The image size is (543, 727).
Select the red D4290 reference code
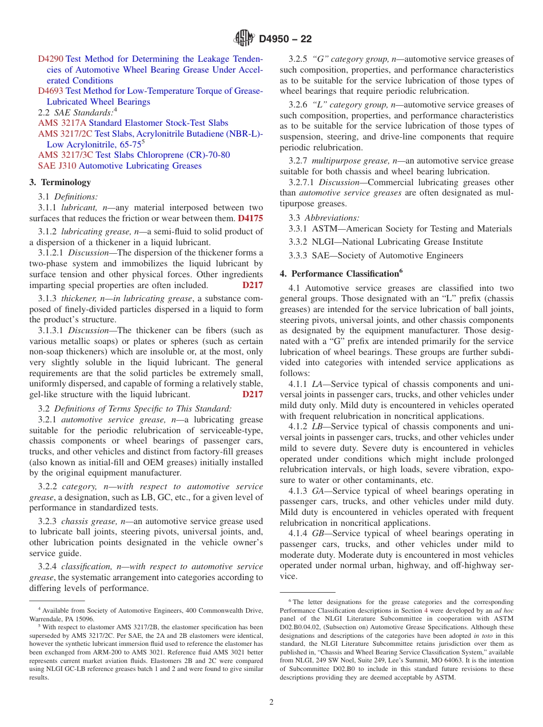point(51,59)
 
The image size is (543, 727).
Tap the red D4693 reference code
point(51,91)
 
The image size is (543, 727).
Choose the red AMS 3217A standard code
point(62,123)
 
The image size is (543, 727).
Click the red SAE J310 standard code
point(57,166)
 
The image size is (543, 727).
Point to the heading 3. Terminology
point(60,182)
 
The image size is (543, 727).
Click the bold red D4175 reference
point(250,218)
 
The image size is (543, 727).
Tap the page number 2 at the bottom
point(271,702)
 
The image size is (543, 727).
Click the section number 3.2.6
point(298,105)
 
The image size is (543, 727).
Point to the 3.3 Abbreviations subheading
point(324,218)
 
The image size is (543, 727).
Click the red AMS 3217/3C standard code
point(65,155)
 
